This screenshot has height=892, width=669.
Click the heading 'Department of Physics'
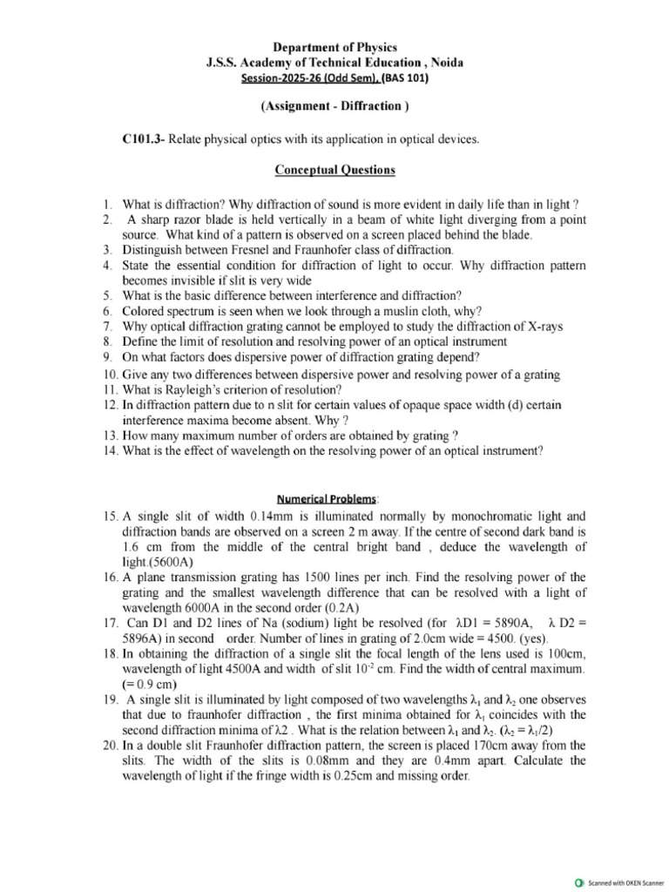pyautogui.click(x=334, y=47)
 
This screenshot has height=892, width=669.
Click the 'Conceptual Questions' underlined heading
pyautogui.click(x=334, y=170)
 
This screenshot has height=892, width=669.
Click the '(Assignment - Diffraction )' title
pyautogui.click(x=334, y=107)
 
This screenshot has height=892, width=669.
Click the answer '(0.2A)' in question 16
pyautogui.click(x=343, y=607)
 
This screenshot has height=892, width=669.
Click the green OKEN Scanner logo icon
pyautogui.click(x=580, y=882)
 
